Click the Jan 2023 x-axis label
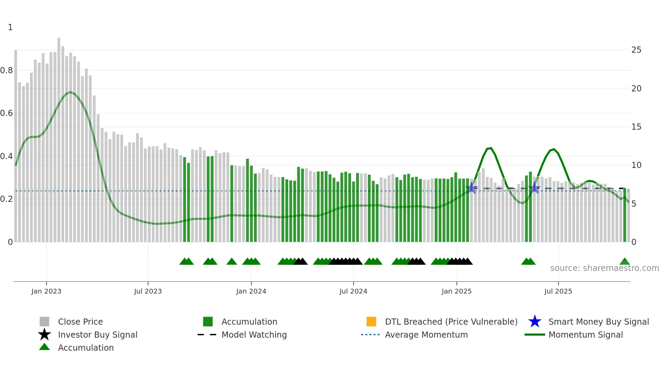pos(46,291)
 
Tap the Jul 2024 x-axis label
pos(353,291)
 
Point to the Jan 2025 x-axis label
pos(456,291)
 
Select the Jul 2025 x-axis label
pos(558,291)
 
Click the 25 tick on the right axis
pos(636,50)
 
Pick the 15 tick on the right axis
pos(636,127)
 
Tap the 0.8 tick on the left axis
pos(6,70)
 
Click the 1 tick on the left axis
pos(10,27)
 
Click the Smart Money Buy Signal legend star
pos(535,322)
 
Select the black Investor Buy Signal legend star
pos(44,335)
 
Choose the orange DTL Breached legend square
pos(371,322)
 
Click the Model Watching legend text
pos(254,335)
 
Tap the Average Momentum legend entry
pos(426,335)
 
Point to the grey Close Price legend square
pos(44,322)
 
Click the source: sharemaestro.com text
pos(604,268)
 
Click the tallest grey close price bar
pos(59,137)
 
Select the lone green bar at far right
pos(625,216)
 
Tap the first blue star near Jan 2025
pos(472,188)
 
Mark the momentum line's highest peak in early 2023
pos(70,92)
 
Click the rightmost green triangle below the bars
pos(625,262)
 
